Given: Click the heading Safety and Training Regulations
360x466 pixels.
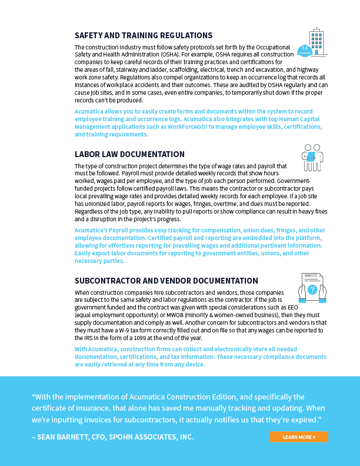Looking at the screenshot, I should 144,35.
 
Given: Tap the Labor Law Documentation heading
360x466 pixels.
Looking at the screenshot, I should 129,154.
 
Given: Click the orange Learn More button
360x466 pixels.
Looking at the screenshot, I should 299,437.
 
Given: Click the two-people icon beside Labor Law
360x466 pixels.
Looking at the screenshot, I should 312,158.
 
